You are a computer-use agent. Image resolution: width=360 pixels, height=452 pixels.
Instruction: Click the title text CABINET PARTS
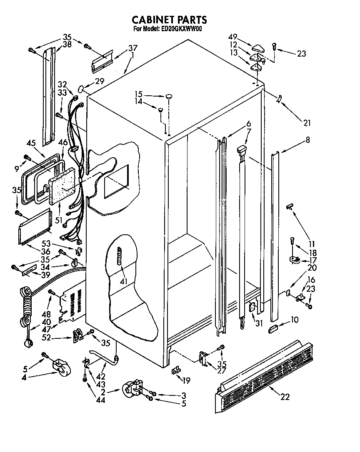(x=169, y=20)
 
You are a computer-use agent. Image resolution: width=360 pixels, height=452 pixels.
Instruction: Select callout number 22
(x=285, y=397)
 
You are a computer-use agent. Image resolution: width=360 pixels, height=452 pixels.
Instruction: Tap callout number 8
(x=307, y=140)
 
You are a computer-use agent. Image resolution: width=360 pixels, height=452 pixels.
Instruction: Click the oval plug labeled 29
(x=82, y=89)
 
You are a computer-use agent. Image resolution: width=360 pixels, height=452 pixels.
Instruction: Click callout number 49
(x=233, y=36)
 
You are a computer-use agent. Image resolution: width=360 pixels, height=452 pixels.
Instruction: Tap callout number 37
(x=132, y=47)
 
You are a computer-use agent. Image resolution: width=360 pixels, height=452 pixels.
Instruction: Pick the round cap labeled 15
(x=169, y=97)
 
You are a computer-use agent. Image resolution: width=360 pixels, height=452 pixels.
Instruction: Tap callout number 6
(x=248, y=124)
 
